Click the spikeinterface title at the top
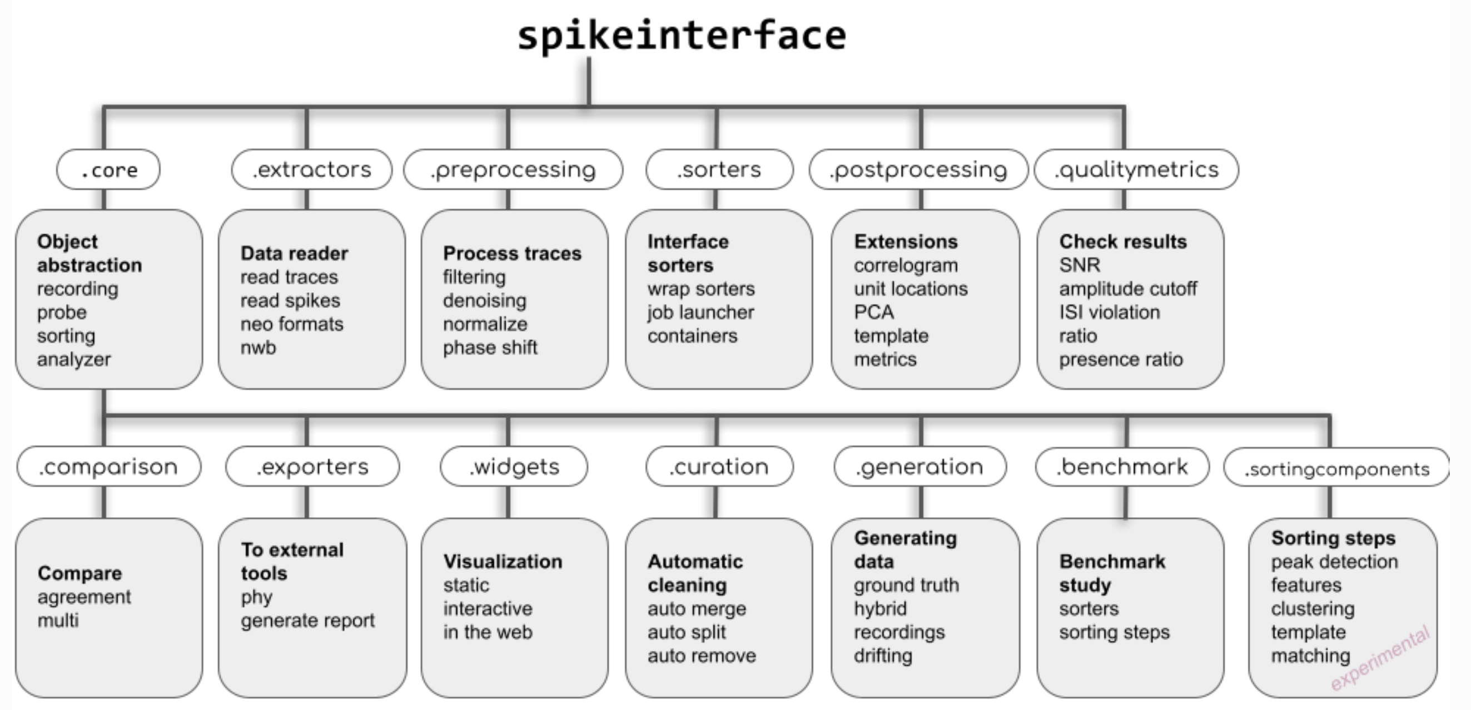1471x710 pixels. (681, 36)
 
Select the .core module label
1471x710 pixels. (108, 169)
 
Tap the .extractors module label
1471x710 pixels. (312, 169)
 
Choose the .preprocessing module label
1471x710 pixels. (513, 169)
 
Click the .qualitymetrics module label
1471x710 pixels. (1136, 169)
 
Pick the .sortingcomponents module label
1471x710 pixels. (1336, 468)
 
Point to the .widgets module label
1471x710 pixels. (514, 467)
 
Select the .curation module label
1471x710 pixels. (719, 467)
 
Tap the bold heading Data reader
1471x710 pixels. (294, 253)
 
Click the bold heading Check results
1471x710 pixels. (1122, 242)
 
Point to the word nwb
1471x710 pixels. (258, 347)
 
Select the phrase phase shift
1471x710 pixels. (490, 347)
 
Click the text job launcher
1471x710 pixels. (700, 312)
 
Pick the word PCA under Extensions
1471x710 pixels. (874, 312)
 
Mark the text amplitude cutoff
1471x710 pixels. (1128, 289)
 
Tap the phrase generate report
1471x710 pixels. (308, 621)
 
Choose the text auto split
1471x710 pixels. (687, 632)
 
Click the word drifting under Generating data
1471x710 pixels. (883, 656)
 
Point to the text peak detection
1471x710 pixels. (1334, 562)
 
